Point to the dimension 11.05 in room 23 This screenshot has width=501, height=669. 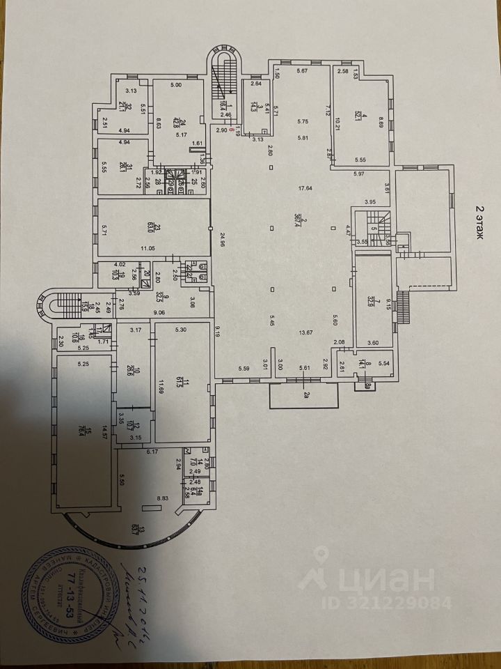147,248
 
